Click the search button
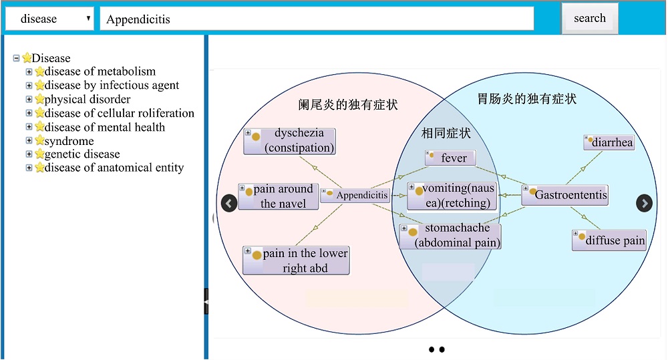click(x=590, y=18)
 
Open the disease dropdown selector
click(x=49, y=19)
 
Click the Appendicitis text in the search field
click(x=138, y=19)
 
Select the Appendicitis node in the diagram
click(x=355, y=195)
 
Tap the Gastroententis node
click(x=565, y=195)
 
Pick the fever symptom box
click(x=450, y=158)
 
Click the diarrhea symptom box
click(x=609, y=142)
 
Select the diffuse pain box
click(x=609, y=240)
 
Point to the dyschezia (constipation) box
click(x=290, y=140)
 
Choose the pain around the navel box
click(x=278, y=196)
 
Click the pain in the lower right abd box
click(x=296, y=260)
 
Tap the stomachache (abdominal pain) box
click(x=450, y=236)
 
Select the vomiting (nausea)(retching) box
click(x=452, y=196)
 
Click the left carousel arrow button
click(x=229, y=203)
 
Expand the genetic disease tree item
click(x=29, y=154)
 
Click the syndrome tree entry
click(x=69, y=140)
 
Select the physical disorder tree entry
click(x=88, y=99)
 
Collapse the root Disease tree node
click(x=16, y=57)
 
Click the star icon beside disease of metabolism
click(x=39, y=71)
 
